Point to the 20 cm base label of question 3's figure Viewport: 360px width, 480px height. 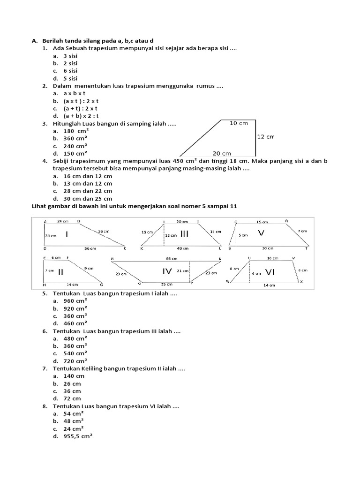coord(222,153)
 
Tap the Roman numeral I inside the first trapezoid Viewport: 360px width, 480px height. coord(68,234)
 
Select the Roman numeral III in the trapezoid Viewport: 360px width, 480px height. coord(184,234)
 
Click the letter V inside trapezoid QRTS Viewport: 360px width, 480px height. coord(261,233)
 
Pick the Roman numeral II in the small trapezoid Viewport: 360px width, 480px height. coord(60,272)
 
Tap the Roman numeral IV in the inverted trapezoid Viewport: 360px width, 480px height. coord(168,271)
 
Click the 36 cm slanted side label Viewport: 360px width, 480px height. coord(104,232)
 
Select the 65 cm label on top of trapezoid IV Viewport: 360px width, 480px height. coord(172,258)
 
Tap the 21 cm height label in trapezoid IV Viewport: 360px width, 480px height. coord(183,271)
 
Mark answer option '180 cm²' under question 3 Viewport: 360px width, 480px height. coord(75,131)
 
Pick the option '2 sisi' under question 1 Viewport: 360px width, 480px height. coord(71,63)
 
